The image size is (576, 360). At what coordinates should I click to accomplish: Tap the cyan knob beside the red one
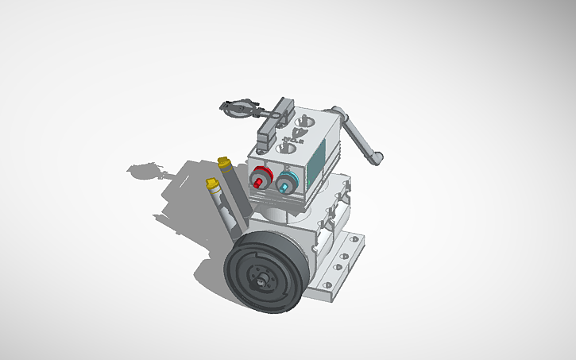pos(287,184)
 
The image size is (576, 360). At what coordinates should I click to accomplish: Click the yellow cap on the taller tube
pos(224,164)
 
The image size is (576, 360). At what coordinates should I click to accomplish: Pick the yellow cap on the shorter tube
pos(212,185)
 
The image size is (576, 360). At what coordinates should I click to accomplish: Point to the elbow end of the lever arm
pos(377,157)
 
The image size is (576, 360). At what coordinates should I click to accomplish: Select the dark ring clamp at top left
pos(239,108)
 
